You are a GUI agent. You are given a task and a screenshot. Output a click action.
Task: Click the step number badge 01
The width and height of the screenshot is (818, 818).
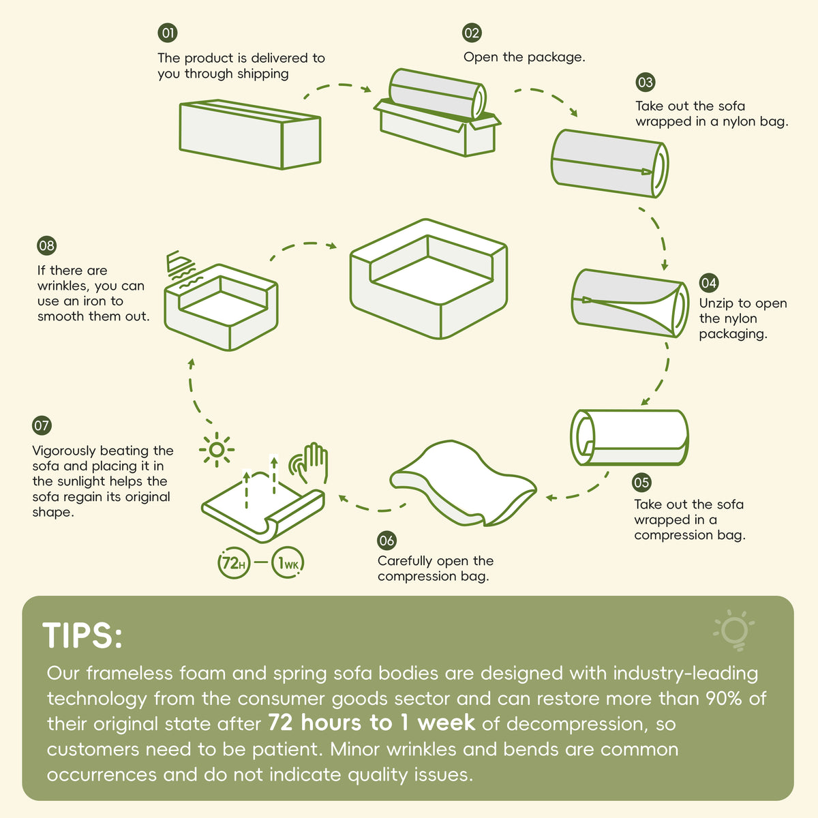tap(168, 33)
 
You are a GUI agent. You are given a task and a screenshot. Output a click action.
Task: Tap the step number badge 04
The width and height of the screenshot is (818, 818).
tap(708, 283)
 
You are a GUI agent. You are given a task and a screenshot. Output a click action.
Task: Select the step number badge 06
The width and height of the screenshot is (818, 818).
tap(387, 541)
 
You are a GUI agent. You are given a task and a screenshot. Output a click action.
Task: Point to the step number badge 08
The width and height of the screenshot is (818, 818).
tap(47, 245)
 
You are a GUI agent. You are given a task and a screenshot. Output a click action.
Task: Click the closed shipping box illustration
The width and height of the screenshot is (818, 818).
tap(250, 134)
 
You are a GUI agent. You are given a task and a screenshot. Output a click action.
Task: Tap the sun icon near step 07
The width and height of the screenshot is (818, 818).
tap(217, 449)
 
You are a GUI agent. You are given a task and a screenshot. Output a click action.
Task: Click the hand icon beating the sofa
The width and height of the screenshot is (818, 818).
tap(309, 463)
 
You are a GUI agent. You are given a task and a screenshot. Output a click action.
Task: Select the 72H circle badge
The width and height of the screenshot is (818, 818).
tap(234, 563)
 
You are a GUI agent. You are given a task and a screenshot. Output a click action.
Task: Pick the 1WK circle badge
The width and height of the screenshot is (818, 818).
tap(288, 563)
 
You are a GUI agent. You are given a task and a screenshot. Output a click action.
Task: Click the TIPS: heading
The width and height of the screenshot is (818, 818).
tap(82, 635)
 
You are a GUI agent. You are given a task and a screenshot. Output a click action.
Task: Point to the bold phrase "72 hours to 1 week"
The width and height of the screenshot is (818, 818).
tap(372, 723)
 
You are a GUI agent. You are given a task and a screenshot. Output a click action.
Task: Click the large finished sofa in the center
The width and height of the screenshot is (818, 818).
tap(429, 279)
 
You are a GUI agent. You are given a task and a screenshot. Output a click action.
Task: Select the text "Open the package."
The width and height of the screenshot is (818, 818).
tap(524, 57)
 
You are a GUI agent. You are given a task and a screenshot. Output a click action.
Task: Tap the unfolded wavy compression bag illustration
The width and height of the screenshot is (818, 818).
tap(463, 483)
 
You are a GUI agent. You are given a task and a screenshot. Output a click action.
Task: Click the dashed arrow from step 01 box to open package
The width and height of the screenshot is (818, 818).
tap(337, 86)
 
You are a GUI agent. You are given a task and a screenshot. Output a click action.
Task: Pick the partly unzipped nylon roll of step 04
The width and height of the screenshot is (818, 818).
tap(630, 303)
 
